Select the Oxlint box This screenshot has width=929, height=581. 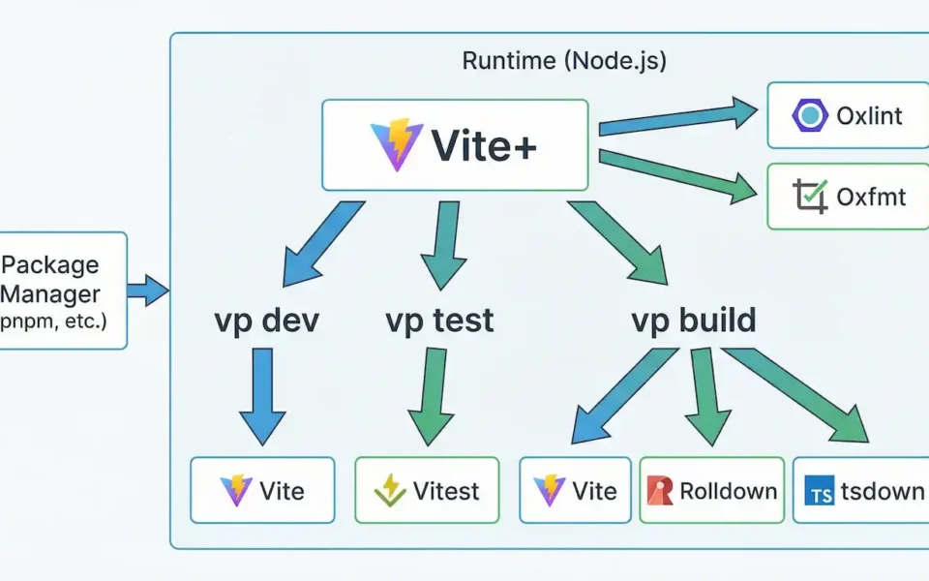[847, 116]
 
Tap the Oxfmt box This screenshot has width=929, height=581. [847, 197]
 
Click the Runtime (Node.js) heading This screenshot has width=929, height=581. [564, 61]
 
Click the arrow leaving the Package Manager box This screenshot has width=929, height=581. [148, 290]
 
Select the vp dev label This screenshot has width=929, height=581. [266, 321]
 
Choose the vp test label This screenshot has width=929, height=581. [439, 321]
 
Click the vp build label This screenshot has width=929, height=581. [693, 321]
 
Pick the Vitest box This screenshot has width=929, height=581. [427, 491]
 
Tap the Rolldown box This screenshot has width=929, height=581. [711, 491]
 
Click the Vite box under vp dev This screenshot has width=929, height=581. [262, 491]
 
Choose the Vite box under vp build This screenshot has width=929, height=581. [575, 491]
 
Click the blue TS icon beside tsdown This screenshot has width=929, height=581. [819, 493]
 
